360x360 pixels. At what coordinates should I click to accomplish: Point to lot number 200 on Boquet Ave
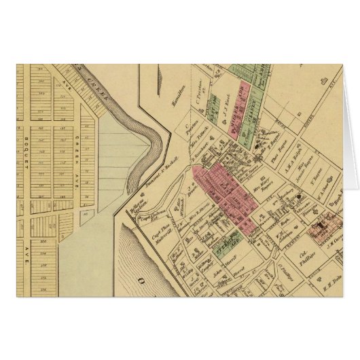pyautogui.click(x=43, y=241)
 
